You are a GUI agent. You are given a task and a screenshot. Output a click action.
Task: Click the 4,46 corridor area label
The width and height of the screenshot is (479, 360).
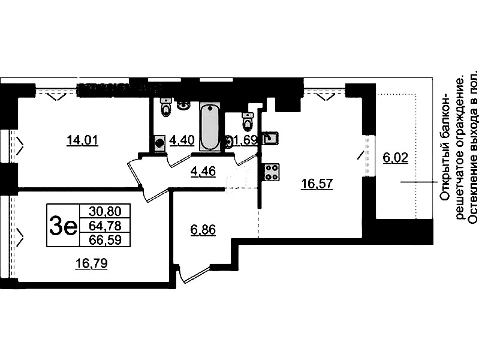(203, 171)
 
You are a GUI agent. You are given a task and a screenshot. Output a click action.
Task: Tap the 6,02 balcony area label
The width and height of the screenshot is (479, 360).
(395, 158)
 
